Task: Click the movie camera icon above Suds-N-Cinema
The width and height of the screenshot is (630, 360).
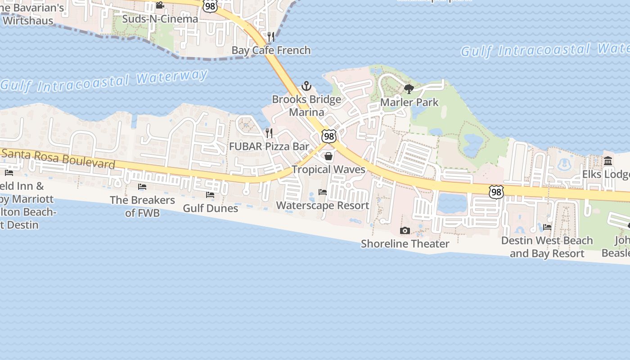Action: [160, 5]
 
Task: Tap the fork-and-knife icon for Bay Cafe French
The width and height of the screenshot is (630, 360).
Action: [271, 36]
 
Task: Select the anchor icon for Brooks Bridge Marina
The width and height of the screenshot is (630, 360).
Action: [306, 85]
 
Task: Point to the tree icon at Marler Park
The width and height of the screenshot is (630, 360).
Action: [409, 89]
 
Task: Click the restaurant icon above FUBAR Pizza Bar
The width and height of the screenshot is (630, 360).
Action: [269, 133]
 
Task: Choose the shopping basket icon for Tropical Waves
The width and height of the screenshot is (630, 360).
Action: [328, 156]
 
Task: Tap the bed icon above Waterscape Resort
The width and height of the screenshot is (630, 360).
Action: [323, 192]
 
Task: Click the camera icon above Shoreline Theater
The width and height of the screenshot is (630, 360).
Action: [405, 231]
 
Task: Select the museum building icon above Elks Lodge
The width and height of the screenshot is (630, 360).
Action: [608, 161]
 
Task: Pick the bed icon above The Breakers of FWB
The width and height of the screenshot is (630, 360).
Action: [142, 187]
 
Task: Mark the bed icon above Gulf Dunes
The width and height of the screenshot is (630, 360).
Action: [210, 195]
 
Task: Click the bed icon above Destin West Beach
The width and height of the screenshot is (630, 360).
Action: [547, 227]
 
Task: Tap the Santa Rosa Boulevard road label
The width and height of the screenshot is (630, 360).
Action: [58, 158]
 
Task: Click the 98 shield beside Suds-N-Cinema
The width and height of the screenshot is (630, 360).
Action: [210, 6]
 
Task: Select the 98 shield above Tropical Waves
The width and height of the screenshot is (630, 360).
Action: [329, 136]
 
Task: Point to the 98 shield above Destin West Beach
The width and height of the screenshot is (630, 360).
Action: [496, 192]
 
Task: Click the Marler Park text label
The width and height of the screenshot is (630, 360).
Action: [409, 102]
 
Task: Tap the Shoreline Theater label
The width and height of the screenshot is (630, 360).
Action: [405, 244]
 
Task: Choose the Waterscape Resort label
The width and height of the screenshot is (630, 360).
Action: [322, 206]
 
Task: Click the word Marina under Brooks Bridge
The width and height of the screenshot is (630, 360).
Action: [306, 112]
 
